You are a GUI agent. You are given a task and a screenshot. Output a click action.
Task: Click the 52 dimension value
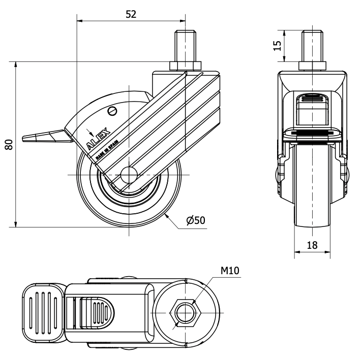(131, 14)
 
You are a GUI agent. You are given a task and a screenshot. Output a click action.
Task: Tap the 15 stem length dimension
(277, 46)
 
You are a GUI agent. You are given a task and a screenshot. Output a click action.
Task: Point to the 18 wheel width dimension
(312, 245)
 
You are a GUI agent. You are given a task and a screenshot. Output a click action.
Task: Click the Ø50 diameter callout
(196, 220)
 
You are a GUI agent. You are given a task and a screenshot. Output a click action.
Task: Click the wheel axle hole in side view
(129, 174)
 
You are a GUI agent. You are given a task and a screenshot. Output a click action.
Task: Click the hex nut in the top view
(185, 310)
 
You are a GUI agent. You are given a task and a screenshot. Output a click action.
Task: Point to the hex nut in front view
(312, 67)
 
